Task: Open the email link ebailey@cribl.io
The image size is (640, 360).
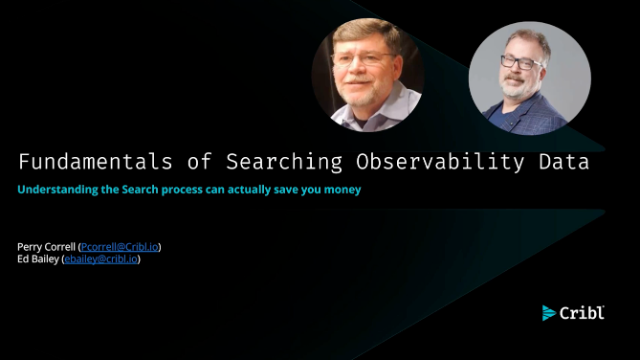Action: click(x=101, y=259)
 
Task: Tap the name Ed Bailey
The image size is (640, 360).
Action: click(x=38, y=259)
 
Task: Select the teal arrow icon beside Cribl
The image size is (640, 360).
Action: click(x=549, y=313)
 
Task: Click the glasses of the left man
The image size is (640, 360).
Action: click(x=362, y=59)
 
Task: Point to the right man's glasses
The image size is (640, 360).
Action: click(x=520, y=63)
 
